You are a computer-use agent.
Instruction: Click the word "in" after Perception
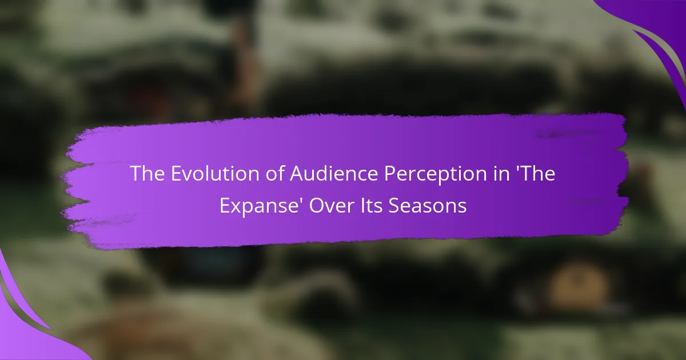[x=500, y=174]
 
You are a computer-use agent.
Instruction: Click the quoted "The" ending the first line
[x=535, y=174]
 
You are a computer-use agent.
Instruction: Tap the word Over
[x=332, y=205]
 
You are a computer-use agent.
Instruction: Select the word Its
[x=372, y=205]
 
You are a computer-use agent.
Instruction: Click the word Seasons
[x=428, y=205]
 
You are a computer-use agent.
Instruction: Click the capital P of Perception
[x=390, y=174]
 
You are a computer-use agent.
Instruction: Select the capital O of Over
[x=317, y=205]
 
